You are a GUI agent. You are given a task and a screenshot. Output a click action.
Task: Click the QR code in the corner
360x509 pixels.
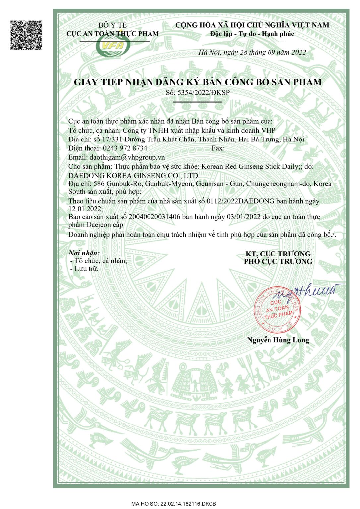[x=27, y=35]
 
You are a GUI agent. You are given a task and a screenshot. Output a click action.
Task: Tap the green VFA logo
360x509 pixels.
[x=113, y=46]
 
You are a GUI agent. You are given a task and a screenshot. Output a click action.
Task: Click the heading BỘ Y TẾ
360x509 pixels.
[x=112, y=25]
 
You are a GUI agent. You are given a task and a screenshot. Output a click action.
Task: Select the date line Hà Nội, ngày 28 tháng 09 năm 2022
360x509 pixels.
[x=252, y=52]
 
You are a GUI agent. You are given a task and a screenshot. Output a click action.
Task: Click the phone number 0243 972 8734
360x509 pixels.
[x=125, y=148]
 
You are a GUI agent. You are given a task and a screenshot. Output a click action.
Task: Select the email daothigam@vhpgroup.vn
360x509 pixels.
[x=127, y=157]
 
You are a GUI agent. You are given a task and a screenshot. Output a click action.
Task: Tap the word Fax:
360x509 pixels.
[x=218, y=148]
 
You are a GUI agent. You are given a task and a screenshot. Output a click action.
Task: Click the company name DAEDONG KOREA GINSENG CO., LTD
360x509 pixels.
[x=133, y=175]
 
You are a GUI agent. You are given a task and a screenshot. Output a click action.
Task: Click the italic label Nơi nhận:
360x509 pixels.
[x=84, y=253]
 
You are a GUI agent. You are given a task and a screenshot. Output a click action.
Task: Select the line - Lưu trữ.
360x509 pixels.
[x=85, y=269]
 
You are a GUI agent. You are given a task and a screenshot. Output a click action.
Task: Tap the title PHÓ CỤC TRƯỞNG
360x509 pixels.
[x=278, y=261]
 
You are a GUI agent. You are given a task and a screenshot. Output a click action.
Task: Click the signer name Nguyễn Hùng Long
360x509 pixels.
[x=278, y=340]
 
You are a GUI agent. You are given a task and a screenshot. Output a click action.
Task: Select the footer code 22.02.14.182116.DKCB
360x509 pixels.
[x=188, y=504]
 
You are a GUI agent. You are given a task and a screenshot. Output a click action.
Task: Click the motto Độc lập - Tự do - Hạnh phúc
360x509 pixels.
[x=252, y=34]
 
